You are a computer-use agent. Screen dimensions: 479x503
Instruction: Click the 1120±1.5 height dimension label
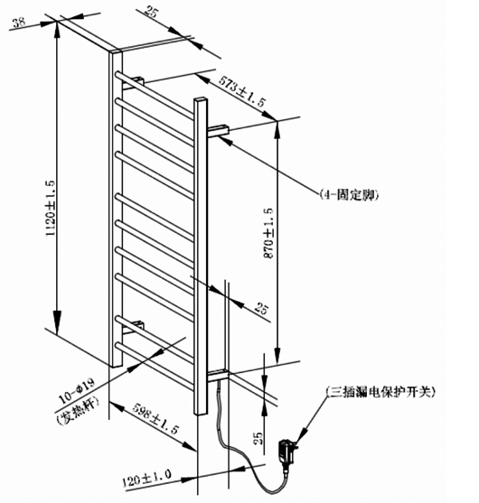[x=52, y=209]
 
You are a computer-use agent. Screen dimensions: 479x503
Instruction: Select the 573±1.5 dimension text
[x=243, y=91]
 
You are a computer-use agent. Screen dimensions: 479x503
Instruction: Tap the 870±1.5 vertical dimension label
[x=268, y=233]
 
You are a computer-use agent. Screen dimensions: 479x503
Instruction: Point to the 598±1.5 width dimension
[x=155, y=418]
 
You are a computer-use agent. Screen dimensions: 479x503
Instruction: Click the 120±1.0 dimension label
[x=146, y=478]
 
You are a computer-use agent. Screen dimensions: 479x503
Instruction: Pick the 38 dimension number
[x=19, y=23]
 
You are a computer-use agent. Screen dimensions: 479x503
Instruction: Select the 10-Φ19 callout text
[x=77, y=391]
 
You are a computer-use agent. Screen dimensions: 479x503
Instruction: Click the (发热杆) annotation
[x=77, y=412]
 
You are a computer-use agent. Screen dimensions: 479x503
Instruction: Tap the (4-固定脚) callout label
[x=349, y=195]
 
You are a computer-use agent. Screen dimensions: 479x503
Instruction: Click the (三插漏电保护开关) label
[x=380, y=392]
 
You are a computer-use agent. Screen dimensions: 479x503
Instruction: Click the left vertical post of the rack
[x=116, y=209]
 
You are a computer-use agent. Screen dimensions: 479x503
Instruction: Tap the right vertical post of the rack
[x=201, y=256]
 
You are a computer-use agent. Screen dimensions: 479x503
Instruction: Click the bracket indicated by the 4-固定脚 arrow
[x=219, y=131]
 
